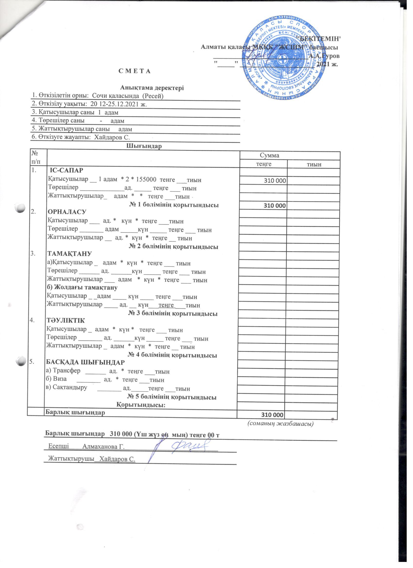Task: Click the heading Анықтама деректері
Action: [152, 88]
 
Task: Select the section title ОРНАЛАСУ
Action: [67, 212]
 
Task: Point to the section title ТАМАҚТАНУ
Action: [70, 254]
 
